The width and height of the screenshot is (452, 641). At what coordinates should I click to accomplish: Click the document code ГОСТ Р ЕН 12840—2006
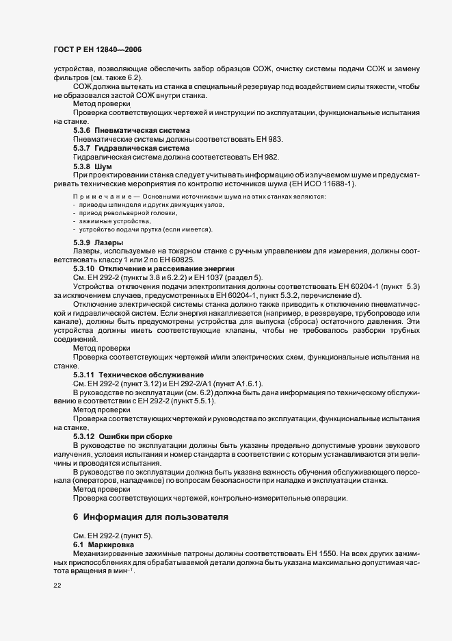[97, 50]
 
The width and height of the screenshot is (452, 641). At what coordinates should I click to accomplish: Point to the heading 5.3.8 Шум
[92, 166]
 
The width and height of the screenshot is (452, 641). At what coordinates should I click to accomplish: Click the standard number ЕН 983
[269, 139]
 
